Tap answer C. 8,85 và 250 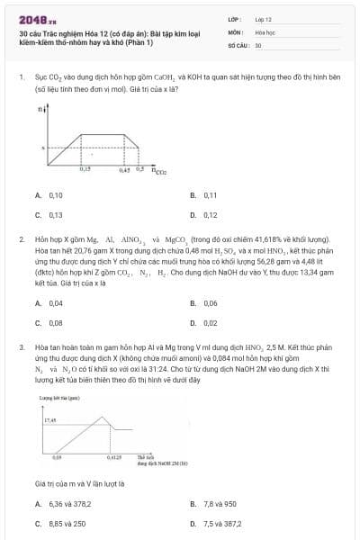pos(59,523)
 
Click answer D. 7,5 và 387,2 pos(216,523)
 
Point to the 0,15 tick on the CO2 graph pos(85,168)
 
